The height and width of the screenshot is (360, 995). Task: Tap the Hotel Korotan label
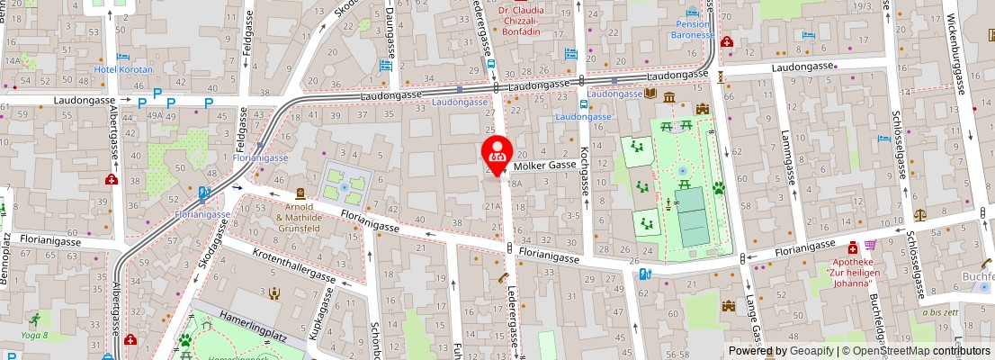[x=124, y=69]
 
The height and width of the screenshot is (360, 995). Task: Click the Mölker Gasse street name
[x=545, y=166]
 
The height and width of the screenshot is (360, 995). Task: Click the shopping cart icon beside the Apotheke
[x=870, y=246]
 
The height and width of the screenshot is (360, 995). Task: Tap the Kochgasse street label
[x=585, y=171]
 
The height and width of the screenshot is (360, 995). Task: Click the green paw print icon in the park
[x=720, y=189]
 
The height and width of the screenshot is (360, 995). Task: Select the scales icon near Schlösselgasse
[x=919, y=215]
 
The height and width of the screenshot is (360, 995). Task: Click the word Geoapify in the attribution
[x=812, y=351]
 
